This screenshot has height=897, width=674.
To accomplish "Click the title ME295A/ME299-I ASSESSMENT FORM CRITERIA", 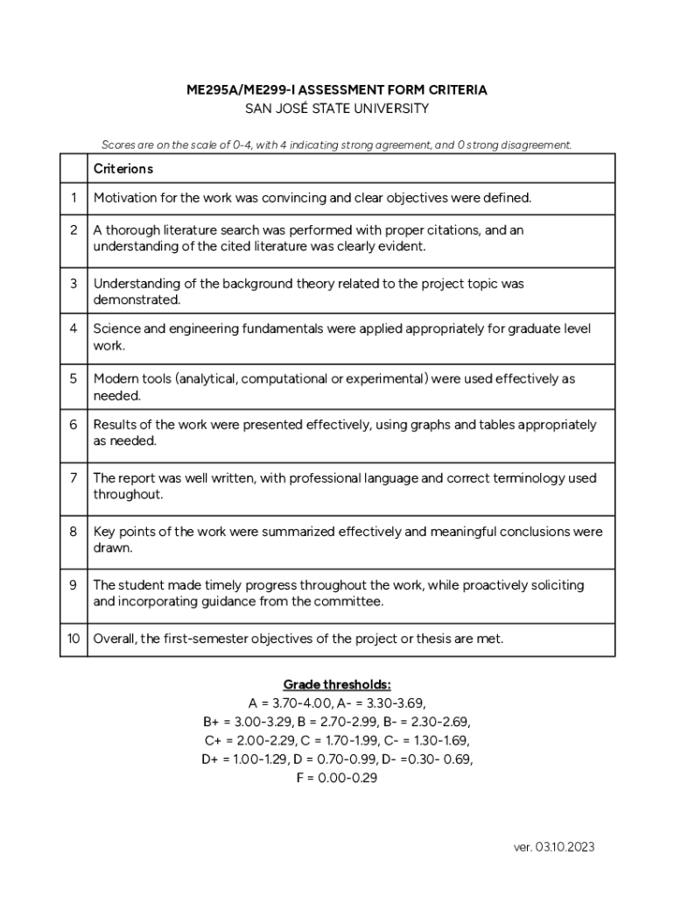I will pyautogui.click(x=337, y=90).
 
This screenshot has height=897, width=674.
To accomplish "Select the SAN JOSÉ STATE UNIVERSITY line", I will pyautogui.click(x=337, y=109).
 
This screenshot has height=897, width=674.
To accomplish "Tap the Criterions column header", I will pyautogui.click(x=123, y=168).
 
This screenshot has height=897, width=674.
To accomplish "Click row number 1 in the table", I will pyautogui.click(x=74, y=198).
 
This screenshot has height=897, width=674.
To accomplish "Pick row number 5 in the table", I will pyautogui.click(x=74, y=379).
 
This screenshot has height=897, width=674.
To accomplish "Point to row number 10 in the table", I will pyautogui.click(x=74, y=639).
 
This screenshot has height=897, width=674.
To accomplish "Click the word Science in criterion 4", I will pyautogui.click(x=116, y=328).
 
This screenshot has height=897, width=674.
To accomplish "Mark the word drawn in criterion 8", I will pyautogui.click(x=112, y=548).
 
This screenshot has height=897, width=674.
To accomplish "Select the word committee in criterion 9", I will pyautogui.click(x=352, y=602).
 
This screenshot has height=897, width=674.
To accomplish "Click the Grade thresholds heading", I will pyautogui.click(x=337, y=684).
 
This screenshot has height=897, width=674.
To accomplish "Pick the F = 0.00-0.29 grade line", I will pyautogui.click(x=337, y=778).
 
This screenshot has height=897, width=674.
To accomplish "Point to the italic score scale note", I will pyautogui.click(x=337, y=145).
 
